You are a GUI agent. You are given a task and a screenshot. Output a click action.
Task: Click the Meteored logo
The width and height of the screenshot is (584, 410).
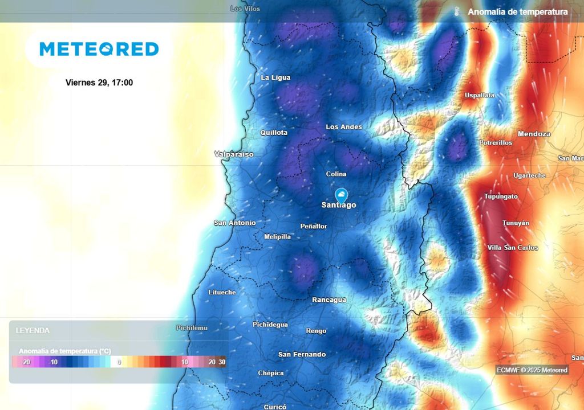click(99, 50)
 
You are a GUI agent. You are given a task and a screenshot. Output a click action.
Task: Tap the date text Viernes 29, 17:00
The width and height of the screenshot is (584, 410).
click(99, 83)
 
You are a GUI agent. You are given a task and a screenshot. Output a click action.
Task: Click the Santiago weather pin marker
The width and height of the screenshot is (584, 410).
click(341, 195)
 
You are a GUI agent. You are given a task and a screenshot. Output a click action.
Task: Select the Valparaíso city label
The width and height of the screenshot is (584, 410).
click(234, 154)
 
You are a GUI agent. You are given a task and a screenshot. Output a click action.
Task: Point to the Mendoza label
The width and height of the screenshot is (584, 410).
click(534, 134)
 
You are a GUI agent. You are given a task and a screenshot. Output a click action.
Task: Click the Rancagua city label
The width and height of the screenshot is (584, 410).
click(329, 300)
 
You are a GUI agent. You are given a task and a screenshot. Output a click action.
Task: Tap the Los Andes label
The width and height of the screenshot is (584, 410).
click(344, 127)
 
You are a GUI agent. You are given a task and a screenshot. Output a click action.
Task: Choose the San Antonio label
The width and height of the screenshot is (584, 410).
click(234, 223)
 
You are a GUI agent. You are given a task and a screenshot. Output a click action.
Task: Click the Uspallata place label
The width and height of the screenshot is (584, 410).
click(480, 95)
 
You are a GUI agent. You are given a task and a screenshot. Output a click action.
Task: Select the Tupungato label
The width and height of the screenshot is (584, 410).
click(501, 196)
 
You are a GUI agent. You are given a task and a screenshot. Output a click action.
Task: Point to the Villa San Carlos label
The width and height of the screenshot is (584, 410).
click(512, 248)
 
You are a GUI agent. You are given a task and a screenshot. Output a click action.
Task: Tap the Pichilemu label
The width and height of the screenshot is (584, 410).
click(192, 328)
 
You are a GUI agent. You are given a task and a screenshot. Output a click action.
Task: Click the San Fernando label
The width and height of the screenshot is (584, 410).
click(302, 354)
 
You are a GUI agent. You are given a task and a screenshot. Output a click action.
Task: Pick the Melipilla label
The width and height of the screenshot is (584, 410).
click(278, 237)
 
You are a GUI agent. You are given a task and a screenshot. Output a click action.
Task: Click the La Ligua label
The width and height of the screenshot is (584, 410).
click(275, 77)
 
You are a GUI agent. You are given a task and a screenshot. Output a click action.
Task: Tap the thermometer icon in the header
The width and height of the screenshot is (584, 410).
click(456, 11)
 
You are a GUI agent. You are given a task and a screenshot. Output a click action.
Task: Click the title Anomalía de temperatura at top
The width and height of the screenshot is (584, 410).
click(517, 12)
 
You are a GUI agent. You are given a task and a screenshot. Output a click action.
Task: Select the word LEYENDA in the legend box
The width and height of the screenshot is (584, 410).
click(33, 330)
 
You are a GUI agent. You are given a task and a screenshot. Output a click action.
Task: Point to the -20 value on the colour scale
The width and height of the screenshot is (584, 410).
click(25, 362)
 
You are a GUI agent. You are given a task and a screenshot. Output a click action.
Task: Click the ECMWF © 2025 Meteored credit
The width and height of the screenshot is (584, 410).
click(532, 370)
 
